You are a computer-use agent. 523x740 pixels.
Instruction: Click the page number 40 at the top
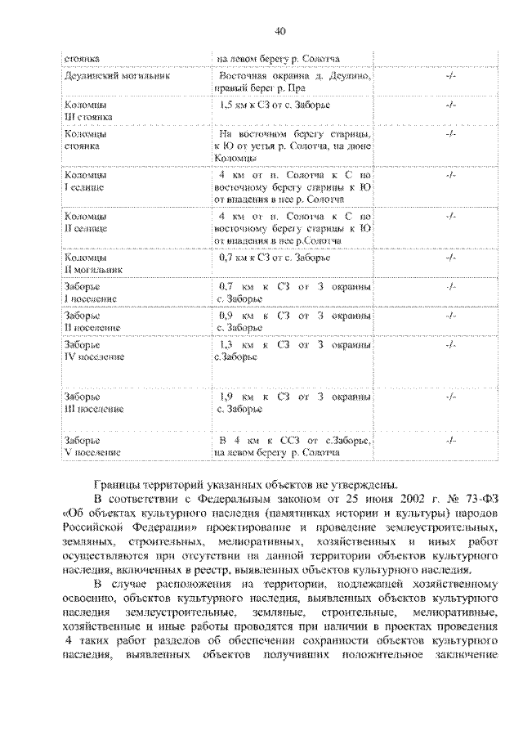coord(280,32)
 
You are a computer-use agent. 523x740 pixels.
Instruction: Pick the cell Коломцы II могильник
coord(92,262)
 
